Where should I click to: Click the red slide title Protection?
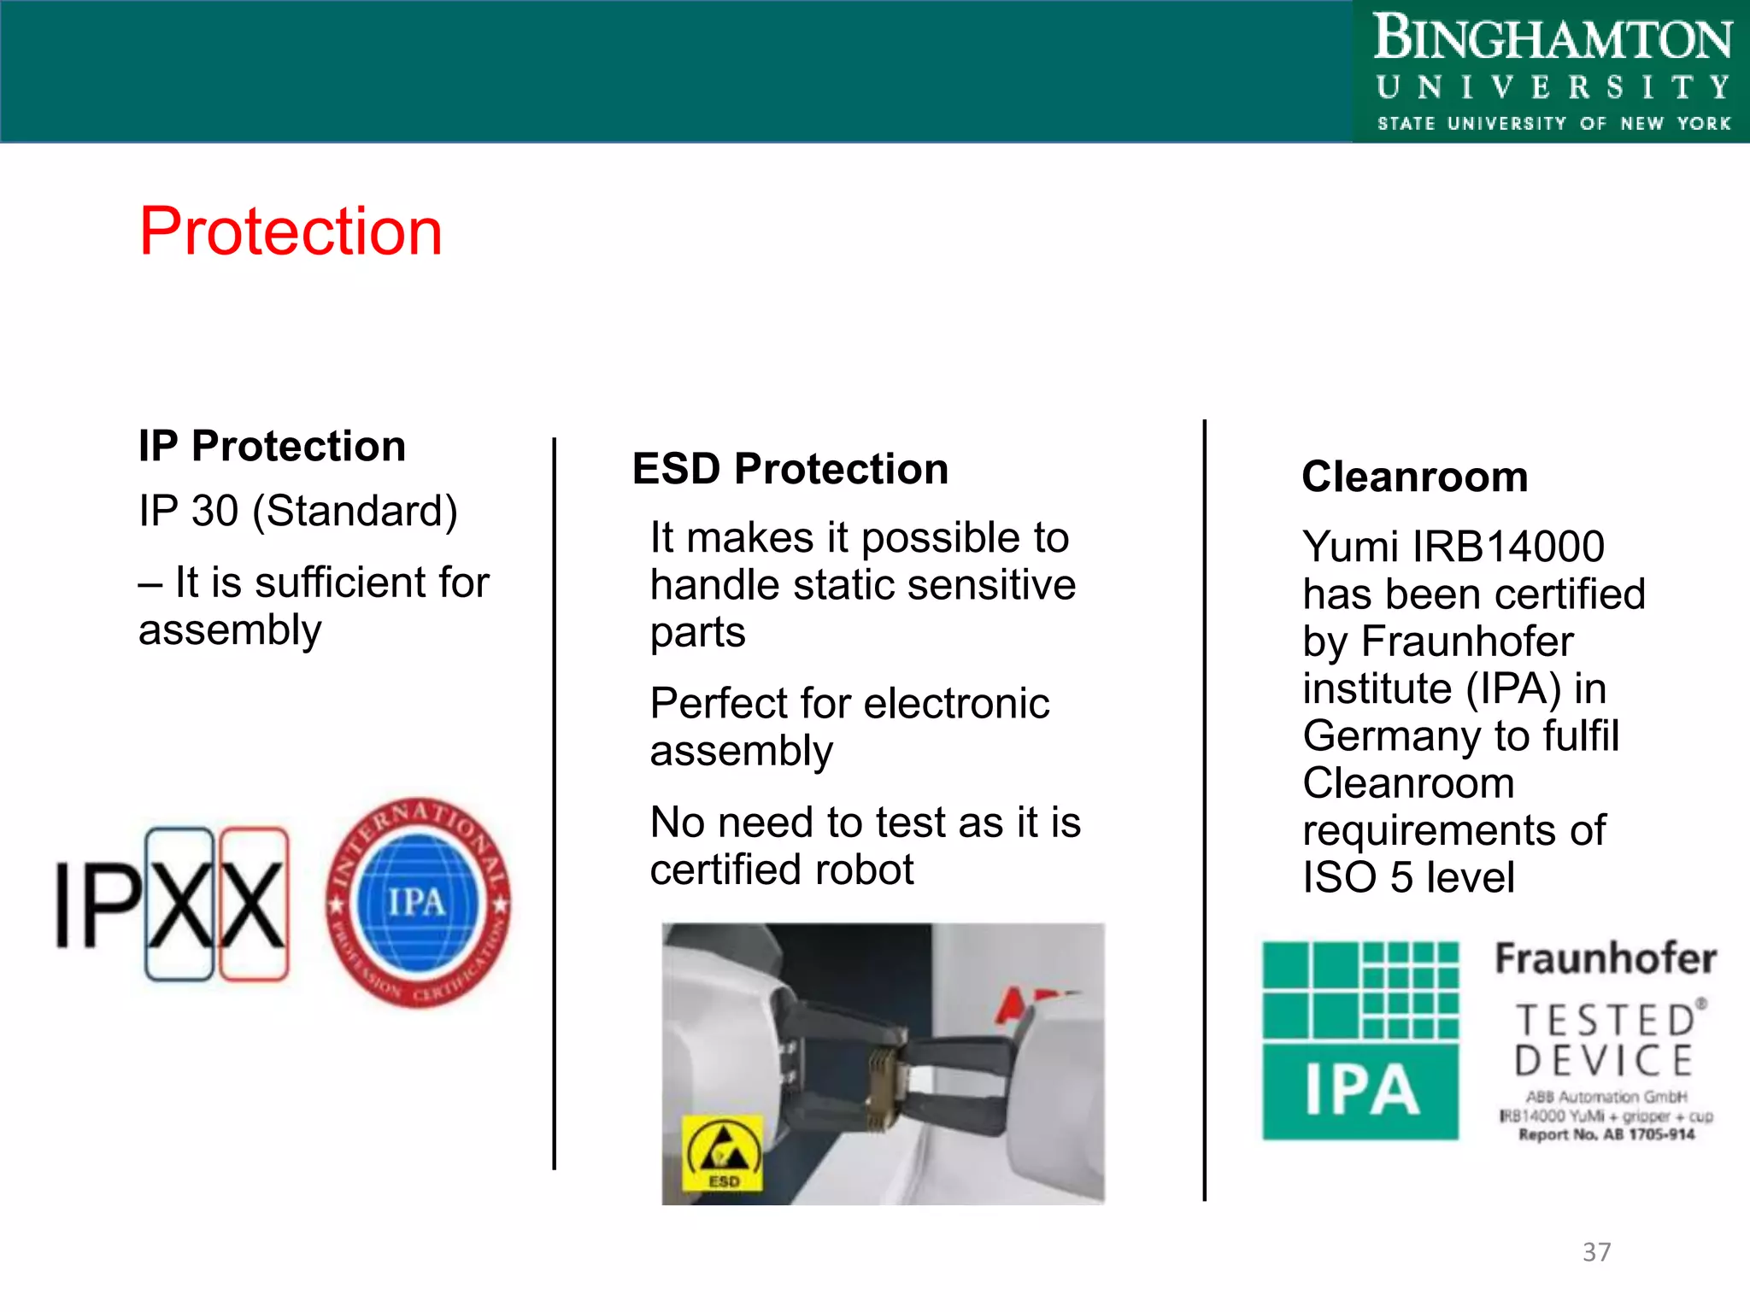coord(291,232)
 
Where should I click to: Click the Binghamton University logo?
coord(1552,72)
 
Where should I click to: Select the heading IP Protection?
coord(272,447)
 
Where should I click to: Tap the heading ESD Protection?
coord(790,469)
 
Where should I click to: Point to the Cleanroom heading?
coord(1414,477)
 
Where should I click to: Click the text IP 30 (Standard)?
coord(298,512)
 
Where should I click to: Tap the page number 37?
coord(1596,1252)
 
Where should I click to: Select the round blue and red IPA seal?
coord(418,903)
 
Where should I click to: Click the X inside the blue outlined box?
coord(180,905)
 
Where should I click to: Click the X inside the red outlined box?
coord(254,905)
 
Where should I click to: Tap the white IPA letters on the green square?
coord(1360,1092)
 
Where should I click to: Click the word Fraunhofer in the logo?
coord(1606,958)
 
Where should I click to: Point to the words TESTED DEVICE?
coord(1606,1040)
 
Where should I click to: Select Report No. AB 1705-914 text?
coord(1606,1134)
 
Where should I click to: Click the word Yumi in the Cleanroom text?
coord(1350,547)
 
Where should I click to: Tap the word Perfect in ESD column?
coord(718,704)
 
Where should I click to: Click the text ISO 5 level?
coord(1408,878)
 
